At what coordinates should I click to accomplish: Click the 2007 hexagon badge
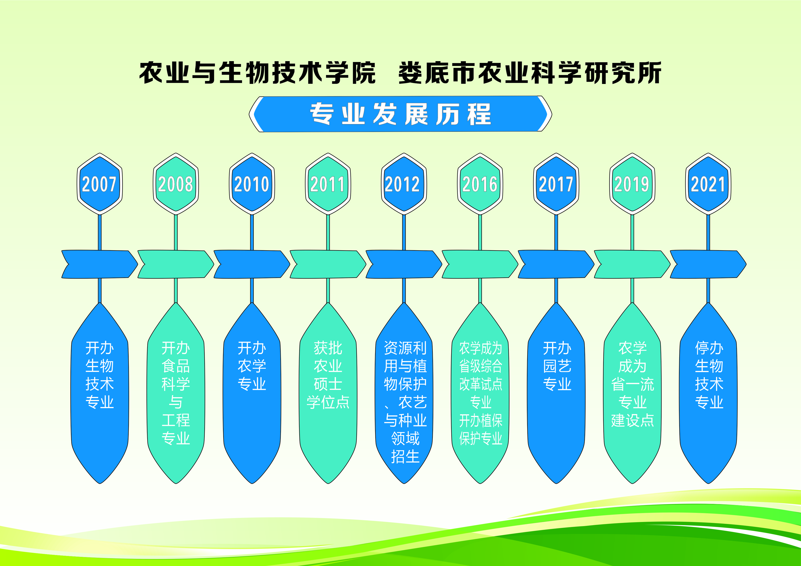tap(100, 184)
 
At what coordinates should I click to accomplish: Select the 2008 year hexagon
tap(176, 184)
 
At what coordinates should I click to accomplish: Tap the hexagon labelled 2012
tap(404, 184)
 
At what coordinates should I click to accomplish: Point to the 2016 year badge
tap(480, 184)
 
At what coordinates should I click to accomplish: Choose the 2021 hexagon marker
tap(708, 184)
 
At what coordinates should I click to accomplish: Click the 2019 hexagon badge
tap(632, 184)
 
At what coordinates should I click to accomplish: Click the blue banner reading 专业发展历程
tap(400, 114)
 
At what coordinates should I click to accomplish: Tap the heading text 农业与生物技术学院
tap(258, 73)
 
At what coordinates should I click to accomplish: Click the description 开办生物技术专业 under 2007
tap(100, 375)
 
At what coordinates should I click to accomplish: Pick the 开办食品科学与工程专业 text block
tap(176, 393)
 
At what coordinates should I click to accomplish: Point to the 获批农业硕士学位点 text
tap(328, 375)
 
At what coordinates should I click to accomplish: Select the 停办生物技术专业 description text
tap(709, 375)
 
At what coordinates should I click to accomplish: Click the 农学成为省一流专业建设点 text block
tap(632, 384)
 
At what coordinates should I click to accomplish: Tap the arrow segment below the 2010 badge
tap(252, 264)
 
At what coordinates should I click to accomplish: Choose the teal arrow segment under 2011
tap(328, 264)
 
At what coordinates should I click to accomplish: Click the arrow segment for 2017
tap(556, 264)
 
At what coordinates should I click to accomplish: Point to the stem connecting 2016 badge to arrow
tap(480, 232)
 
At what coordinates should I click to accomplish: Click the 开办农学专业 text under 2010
tap(252, 366)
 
